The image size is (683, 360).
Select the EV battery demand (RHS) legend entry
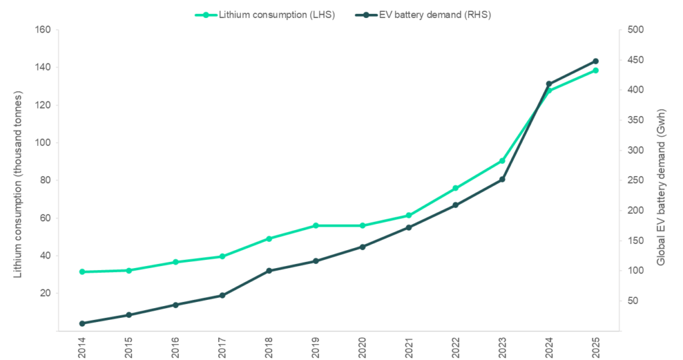coord(434,15)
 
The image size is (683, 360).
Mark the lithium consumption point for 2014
coord(82,272)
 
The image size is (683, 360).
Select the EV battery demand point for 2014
coord(82,323)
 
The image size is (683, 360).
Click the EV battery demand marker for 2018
coord(269,271)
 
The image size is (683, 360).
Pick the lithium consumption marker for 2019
coord(315,225)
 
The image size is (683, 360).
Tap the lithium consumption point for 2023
coord(502,161)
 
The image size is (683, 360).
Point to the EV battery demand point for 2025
coord(596,61)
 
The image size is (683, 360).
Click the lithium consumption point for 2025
coord(596,70)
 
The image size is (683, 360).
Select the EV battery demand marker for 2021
coord(409,227)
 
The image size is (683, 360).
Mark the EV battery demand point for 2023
coord(502,179)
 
